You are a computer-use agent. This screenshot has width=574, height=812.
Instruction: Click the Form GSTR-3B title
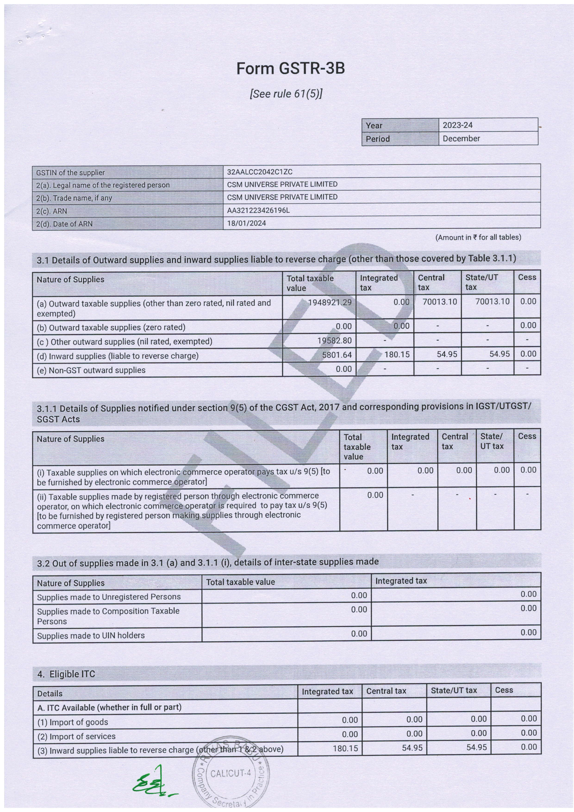(x=290, y=68)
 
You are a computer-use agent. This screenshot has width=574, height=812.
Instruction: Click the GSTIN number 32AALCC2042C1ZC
(x=260, y=172)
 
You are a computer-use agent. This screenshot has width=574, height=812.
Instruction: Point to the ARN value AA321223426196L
(x=258, y=210)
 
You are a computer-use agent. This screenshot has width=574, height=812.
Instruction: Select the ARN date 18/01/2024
(x=246, y=223)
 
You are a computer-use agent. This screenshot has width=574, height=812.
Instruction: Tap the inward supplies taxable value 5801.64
(x=337, y=354)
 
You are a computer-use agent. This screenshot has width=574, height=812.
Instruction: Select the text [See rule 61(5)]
(x=286, y=94)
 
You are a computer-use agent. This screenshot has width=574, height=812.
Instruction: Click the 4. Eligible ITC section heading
(x=66, y=674)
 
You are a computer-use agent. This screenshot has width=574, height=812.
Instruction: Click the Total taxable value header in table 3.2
(x=240, y=582)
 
